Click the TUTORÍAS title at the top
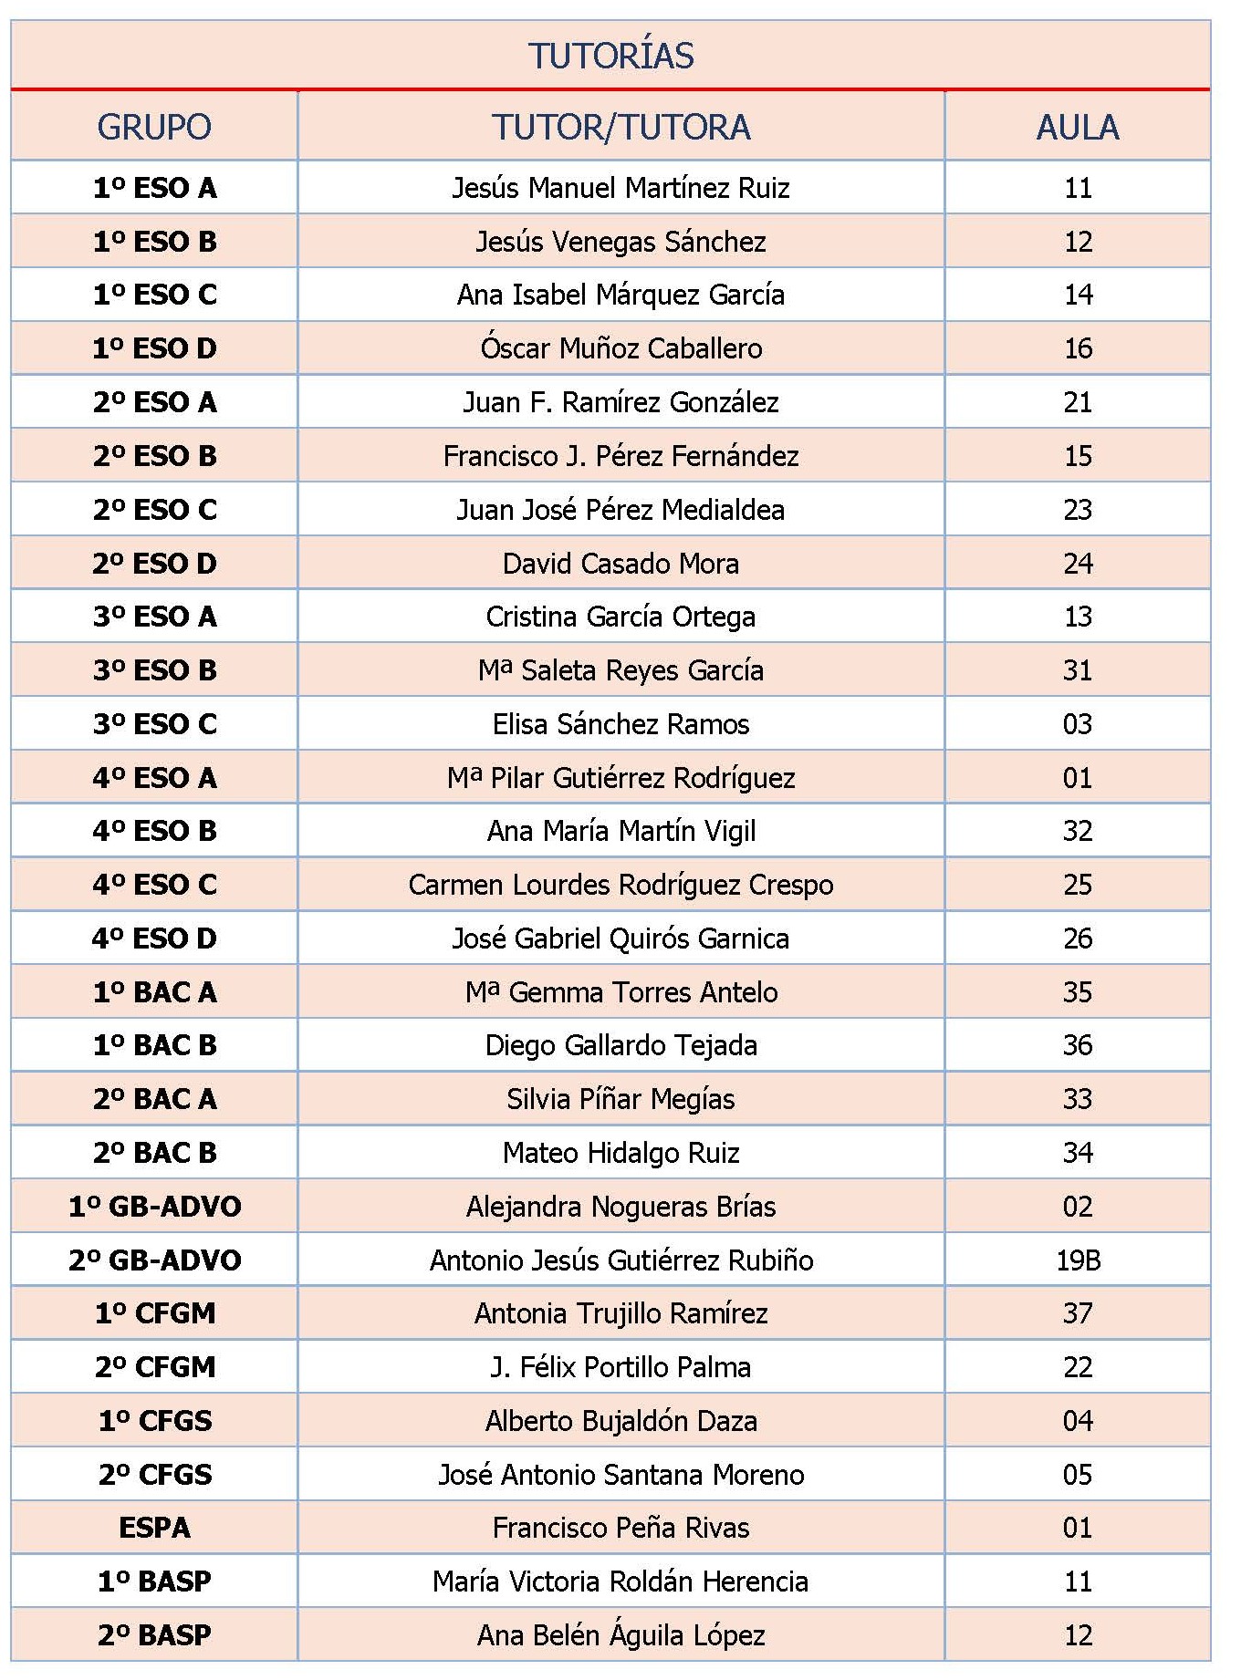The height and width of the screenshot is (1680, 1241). pos(610,56)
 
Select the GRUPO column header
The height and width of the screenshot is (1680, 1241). pos(154,127)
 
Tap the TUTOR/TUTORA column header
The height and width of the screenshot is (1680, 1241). pos(620,127)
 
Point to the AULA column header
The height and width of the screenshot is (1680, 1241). pos(1077,127)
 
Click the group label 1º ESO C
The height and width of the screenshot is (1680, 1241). pos(154,295)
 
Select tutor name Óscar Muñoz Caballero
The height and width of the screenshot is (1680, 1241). pos(620,348)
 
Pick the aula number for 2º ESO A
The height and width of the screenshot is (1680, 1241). pos(1078,402)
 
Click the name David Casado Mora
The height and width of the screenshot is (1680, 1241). pos(620,564)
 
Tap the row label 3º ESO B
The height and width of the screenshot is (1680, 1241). pos(154,670)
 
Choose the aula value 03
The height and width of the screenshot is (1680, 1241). pos(1078,724)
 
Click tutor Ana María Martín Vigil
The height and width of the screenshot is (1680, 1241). pos(620,831)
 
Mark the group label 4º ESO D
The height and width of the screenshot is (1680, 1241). pos(154,939)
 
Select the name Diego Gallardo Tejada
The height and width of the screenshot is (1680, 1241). pos(620,1045)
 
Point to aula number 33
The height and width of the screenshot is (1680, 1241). pos(1078,1099)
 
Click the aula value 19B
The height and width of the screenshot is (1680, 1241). pos(1079,1260)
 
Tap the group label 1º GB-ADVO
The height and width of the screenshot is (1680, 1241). pos(154,1207)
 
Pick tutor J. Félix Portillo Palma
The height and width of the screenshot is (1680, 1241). pos(620,1367)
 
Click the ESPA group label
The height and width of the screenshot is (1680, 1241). pos(154,1528)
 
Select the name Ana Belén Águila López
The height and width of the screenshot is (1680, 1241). pos(620,1635)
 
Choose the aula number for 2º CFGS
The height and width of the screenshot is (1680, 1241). pos(1078,1475)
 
